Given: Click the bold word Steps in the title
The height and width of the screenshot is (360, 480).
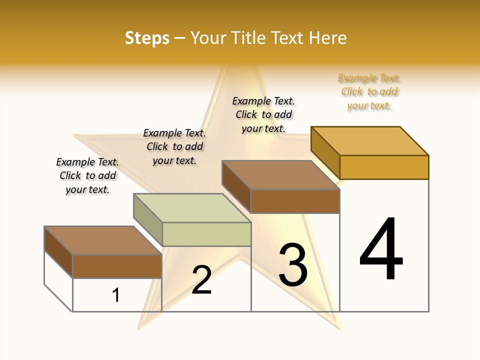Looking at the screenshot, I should point(147,38).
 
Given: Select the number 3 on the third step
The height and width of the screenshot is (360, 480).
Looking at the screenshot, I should point(293,264).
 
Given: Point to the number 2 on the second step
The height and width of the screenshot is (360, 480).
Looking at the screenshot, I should point(202,280).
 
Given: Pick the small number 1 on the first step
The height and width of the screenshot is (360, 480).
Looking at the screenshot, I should point(116,295).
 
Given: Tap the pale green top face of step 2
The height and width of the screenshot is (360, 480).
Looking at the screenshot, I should point(192,207).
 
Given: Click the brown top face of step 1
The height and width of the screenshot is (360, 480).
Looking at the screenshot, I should point(103,240).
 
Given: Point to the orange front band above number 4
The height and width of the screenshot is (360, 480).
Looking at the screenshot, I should point(384,167).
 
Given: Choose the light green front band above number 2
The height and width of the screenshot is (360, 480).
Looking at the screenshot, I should point(206,234).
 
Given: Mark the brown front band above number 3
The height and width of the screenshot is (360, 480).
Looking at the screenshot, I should point(295,201).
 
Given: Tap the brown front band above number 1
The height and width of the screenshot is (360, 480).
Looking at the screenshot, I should point(117,266).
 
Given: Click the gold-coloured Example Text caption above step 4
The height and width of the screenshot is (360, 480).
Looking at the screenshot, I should point(369,92).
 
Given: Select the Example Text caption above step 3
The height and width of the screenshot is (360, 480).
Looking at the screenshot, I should point(263,114).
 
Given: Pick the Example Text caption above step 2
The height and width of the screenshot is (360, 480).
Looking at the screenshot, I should point(174,146).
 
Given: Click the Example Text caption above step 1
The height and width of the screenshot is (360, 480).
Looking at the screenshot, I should point(87,175).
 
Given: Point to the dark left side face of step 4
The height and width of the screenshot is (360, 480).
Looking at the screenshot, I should point(325,152).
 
